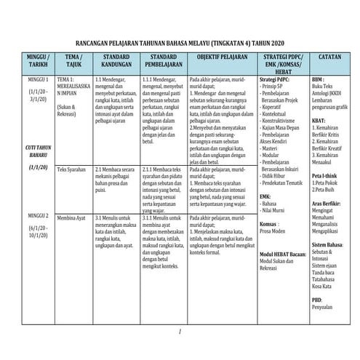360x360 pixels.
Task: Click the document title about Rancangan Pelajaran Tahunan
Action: point(188,43)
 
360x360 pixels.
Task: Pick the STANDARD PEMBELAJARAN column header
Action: point(164,60)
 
